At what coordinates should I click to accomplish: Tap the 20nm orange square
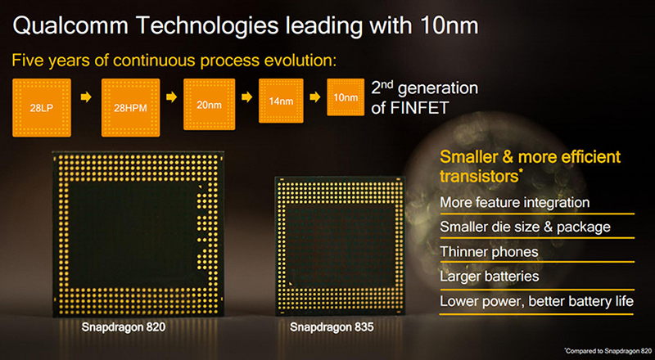208,103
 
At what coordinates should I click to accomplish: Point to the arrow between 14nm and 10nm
313,97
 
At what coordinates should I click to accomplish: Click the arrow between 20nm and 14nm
244,97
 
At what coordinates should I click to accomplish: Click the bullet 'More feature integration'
514,202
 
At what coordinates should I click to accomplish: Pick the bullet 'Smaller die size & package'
525,227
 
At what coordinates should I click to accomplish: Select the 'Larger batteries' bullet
489,277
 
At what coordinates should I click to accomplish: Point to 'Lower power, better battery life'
536,301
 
